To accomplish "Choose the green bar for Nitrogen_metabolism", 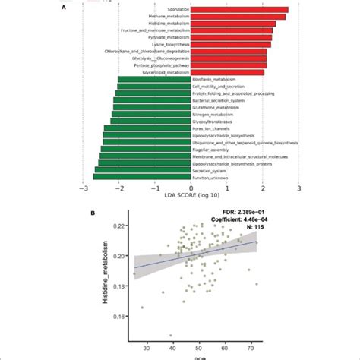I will [151, 115].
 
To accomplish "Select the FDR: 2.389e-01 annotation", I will [231, 216].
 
